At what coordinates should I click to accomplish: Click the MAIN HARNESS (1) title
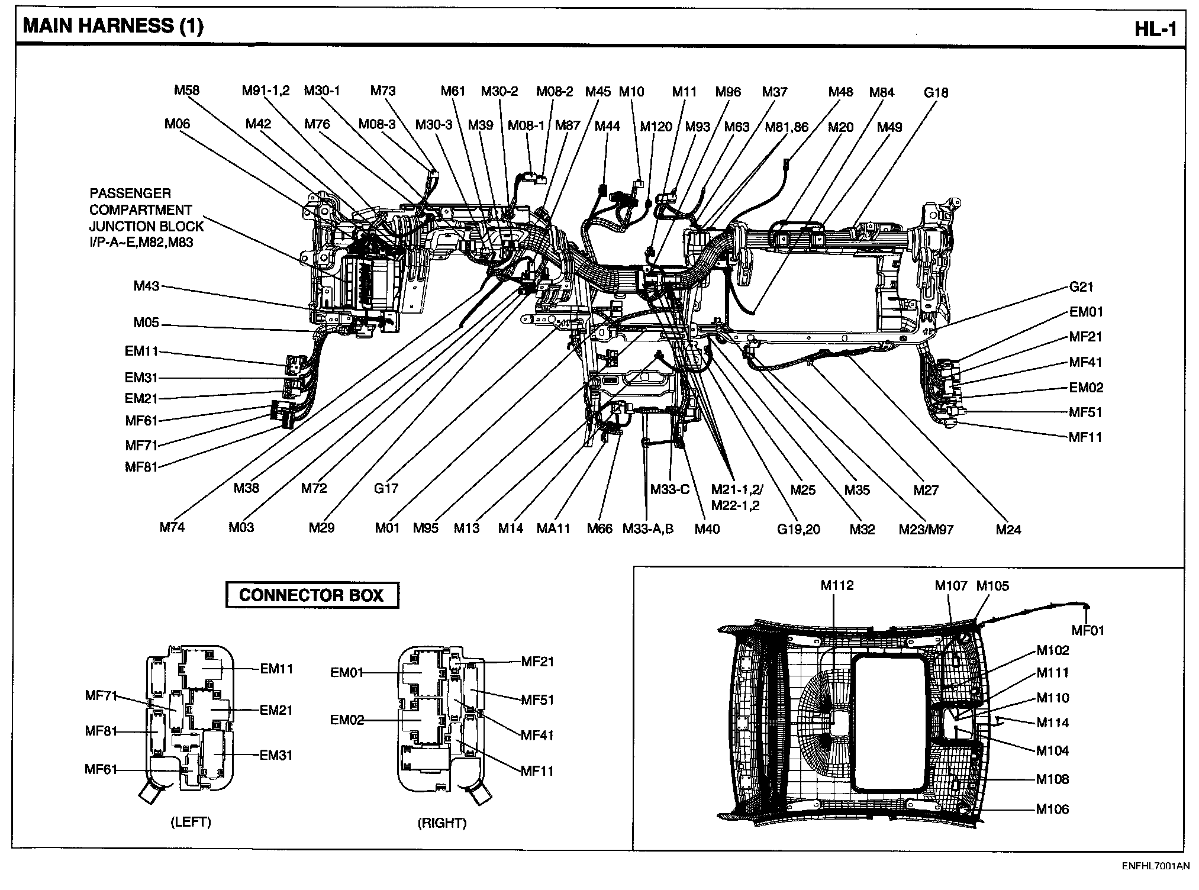[x=112, y=27]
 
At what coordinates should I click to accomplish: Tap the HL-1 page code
[x=1155, y=30]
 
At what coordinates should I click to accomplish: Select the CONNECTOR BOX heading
[x=311, y=595]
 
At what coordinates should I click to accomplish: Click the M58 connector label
[x=186, y=91]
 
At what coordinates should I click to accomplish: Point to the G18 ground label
[x=936, y=93]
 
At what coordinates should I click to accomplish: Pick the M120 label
[x=656, y=127]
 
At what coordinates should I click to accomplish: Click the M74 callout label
[x=172, y=527]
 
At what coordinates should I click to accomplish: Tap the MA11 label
[x=553, y=528]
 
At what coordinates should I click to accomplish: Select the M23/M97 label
[x=926, y=530]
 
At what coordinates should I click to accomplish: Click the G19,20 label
[x=798, y=530]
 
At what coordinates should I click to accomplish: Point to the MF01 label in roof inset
[x=1088, y=631]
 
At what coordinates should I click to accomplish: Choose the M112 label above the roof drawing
[x=837, y=585]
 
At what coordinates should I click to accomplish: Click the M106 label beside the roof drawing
[x=1052, y=809]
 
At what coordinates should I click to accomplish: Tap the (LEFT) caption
[x=191, y=822]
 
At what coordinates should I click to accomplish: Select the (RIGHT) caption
[x=442, y=823]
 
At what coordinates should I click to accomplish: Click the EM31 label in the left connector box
[x=276, y=755]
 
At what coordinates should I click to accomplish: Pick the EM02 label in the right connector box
[x=347, y=720]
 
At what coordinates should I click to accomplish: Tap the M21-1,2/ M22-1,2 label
[x=737, y=498]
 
